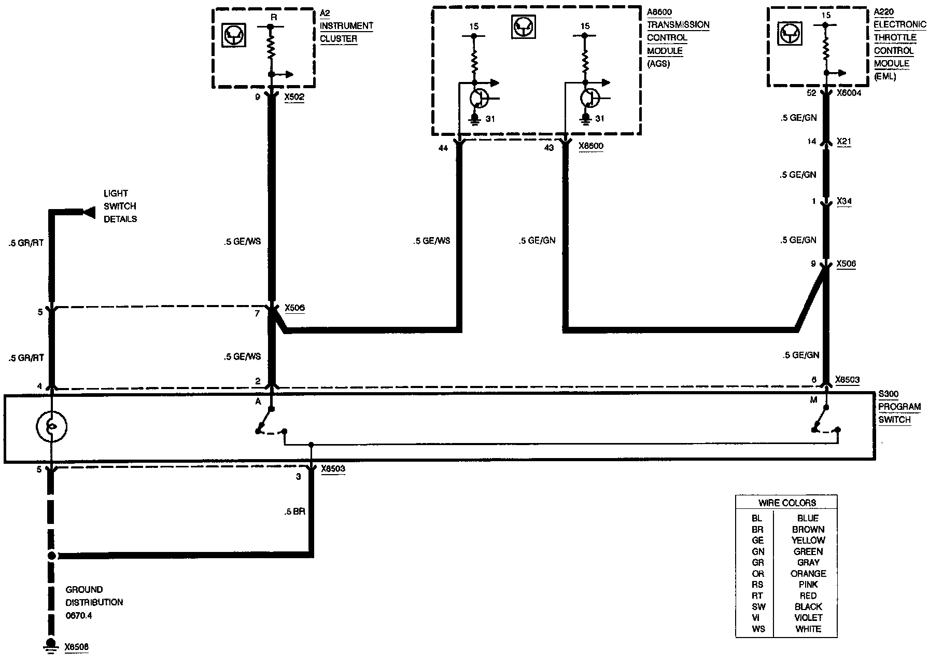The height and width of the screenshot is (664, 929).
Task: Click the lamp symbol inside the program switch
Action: click(x=51, y=426)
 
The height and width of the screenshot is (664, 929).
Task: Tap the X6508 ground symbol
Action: click(x=51, y=645)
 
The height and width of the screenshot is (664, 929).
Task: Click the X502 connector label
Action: click(x=294, y=96)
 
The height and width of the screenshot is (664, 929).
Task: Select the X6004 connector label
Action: click(x=850, y=93)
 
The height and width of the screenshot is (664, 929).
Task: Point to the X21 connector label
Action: click(x=843, y=141)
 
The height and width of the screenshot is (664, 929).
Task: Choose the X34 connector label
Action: click(x=844, y=201)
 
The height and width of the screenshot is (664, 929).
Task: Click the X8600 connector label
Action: click(x=590, y=146)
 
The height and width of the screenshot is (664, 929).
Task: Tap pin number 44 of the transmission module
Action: click(x=443, y=148)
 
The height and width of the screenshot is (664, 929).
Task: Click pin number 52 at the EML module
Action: click(x=811, y=93)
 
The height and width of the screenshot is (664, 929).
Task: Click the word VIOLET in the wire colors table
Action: click(x=808, y=618)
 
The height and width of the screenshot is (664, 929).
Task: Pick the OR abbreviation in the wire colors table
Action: click(x=758, y=574)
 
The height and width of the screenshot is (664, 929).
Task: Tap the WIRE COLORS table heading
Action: click(x=786, y=503)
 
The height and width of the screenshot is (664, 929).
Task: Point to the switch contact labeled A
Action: click(x=258, y=400)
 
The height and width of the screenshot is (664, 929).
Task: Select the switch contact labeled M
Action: click(x=813, y=400)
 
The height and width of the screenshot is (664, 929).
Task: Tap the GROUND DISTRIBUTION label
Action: click(x=94, y=596)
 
